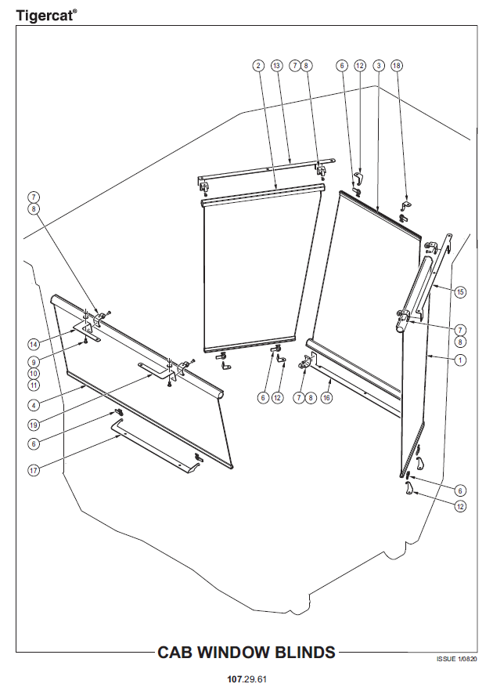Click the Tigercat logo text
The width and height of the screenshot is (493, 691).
(x=46, y=16)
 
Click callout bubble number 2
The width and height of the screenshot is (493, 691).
(x=258, y=66)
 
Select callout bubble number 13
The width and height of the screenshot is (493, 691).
(x=276, y=66)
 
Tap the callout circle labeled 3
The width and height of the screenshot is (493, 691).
(x=379, y=66)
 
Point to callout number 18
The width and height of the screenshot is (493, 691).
(x=397, y=66)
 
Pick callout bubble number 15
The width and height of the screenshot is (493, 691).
(x=460, y=291)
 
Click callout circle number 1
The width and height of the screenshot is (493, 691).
(x=460, y=360)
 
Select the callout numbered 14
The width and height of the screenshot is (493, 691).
(x=34, y=344)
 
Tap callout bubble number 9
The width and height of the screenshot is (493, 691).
(x=34, y=362)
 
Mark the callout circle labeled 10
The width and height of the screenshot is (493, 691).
(x=34, y=374)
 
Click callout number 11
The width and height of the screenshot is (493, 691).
(x=34, y=385)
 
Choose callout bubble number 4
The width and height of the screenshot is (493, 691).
(x=34, y=404)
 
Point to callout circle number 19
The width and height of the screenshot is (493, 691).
(x=34, y=425)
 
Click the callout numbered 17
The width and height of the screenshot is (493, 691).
(x=34, y=470)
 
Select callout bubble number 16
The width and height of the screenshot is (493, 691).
(x=326, y=397)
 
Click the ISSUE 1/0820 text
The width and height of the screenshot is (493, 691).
(x=456, y=659)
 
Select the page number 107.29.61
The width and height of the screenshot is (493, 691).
(x=246, y=679)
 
